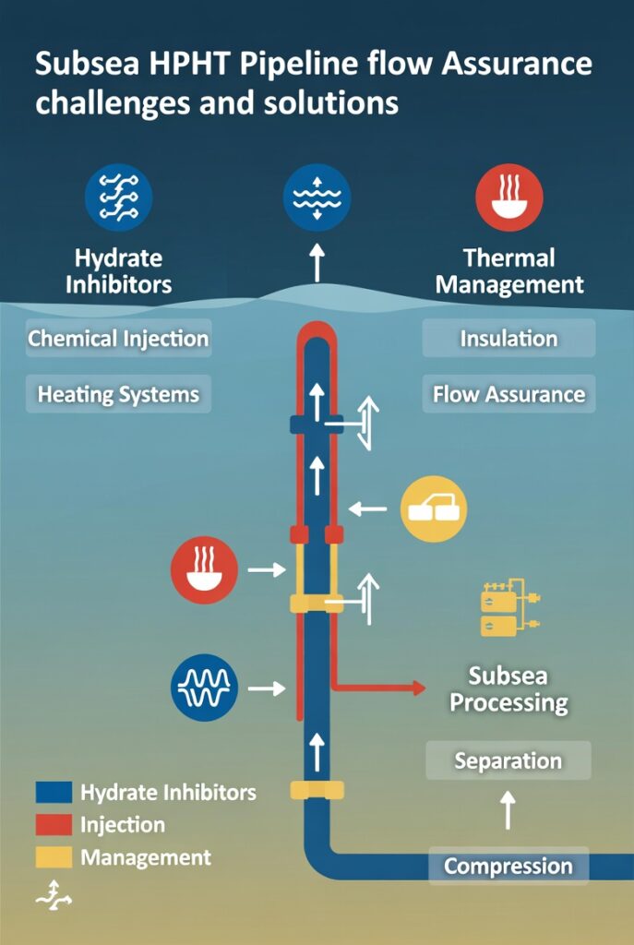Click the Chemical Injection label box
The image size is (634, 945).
(x=118, y=339)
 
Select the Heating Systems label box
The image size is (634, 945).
(x=118, y=394)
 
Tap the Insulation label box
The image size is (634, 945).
(x=508, y=339)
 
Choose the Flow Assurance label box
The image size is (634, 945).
(x=508, y=394)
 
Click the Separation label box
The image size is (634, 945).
(x=508, y=761)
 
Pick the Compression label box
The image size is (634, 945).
(x=508, y=867)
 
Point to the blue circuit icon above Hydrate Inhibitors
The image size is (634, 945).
(x=118, y=197)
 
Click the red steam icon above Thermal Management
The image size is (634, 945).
(x=508, y=197)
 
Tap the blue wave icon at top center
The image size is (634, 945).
(x=316, y=197)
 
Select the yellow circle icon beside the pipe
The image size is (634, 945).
(x=434, y=508)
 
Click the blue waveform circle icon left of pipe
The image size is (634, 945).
(x=205, y=688)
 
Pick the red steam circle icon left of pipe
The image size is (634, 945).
(x=204, y=570)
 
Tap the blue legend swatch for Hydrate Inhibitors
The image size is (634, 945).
(x=54, y=793)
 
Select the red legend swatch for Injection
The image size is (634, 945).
(x=54, y=825)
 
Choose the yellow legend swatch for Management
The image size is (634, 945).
(x=54, y=857)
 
